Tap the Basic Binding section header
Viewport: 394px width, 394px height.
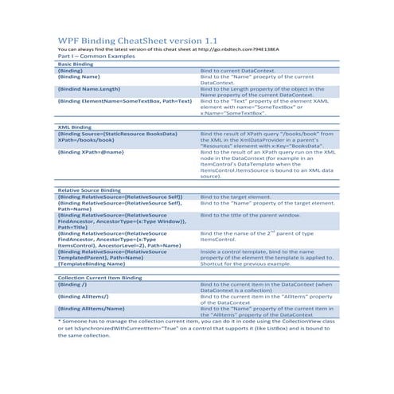76,64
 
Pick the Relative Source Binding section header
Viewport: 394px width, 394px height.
89,191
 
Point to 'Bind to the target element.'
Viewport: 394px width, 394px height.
239,197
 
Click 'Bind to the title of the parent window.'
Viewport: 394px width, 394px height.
254,215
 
